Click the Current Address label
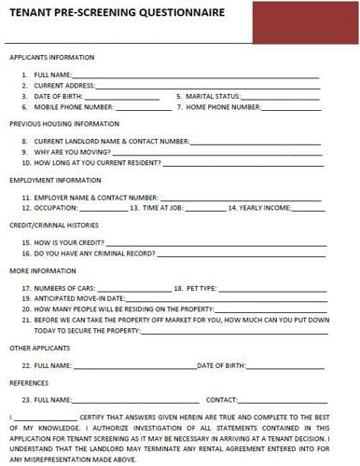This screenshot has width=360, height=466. point(65,85)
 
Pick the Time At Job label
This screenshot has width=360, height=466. point(171,207)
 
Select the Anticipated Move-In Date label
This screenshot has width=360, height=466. point(76,298)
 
